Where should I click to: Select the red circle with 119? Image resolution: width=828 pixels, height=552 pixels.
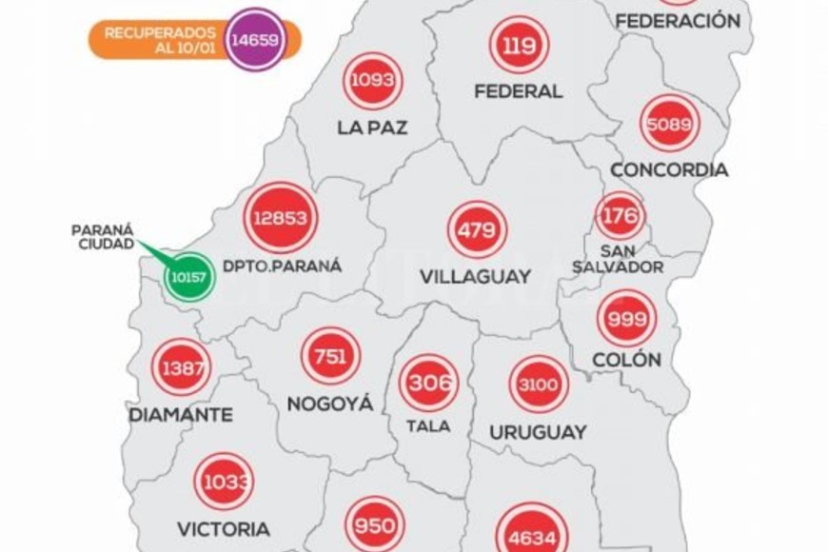[x=519, y=45]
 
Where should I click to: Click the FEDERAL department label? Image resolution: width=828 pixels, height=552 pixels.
[x=519, y=92]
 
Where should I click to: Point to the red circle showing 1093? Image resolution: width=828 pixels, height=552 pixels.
[x=372, y=81]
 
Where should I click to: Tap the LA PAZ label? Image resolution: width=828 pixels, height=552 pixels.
[x=372, y=128]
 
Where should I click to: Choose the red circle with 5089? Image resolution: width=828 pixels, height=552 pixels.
[x=670, y=123]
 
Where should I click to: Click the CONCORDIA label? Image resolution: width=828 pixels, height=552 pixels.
[x=669, y=170]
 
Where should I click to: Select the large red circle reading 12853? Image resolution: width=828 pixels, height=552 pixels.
[x=281, y=218]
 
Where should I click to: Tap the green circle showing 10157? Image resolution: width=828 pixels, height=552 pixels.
[x=184, y=278]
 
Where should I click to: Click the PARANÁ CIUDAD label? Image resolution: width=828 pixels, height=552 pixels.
[x=103, y=237]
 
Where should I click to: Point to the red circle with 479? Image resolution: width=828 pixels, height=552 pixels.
[x=477, y=229]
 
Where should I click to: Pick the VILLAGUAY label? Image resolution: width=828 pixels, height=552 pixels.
[x=473, y=278]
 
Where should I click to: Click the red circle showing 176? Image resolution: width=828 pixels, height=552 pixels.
[x=620, y=216]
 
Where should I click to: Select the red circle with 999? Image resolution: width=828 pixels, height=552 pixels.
[x=626, y=318]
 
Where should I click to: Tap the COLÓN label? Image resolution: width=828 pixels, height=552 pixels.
[x=626, y=361]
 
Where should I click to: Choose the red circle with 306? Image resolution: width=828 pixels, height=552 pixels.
[x=428, y=383]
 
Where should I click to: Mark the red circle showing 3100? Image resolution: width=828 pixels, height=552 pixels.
[x=539, y=384]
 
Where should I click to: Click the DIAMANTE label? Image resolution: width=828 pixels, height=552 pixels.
[x=181, y=415]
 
